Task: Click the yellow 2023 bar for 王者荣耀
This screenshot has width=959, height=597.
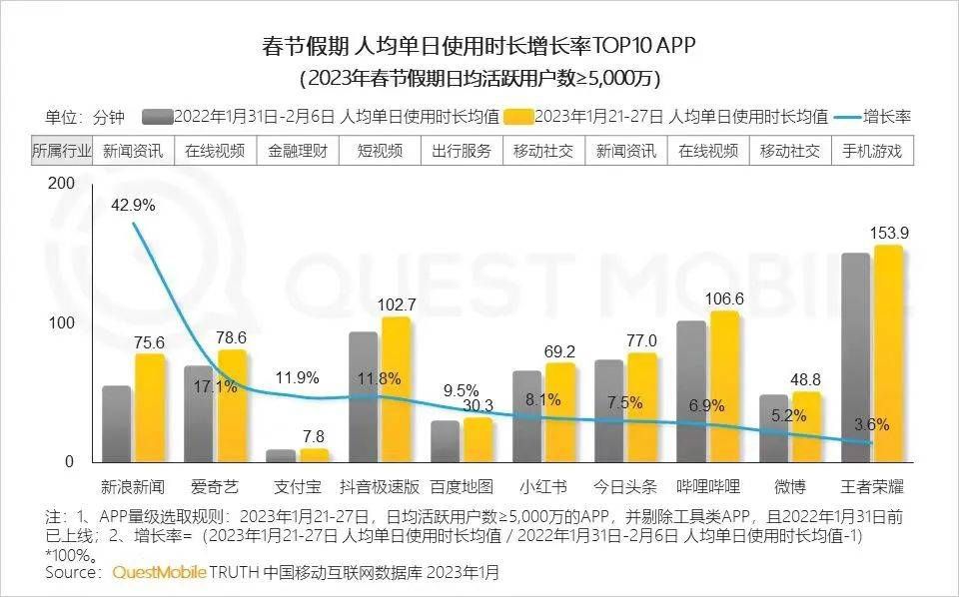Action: [888, 354]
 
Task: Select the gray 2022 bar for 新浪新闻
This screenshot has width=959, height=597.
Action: [117, 423]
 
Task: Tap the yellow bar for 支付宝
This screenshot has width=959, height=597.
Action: [315, 455]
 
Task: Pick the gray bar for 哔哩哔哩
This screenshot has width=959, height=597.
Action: [691, 391]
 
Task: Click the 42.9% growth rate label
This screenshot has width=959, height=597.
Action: [132, 205]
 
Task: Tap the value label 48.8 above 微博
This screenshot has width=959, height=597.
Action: [805, 379]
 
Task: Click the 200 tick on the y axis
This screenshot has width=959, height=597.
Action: [61, 184]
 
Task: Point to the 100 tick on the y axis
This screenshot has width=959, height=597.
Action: [61, 323]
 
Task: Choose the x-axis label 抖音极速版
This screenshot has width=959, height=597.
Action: [381, 487]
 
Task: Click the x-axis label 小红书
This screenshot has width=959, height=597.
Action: [543, 487]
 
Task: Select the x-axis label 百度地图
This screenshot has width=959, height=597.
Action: [462, 487]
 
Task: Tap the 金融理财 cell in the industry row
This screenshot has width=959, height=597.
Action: [297, 151]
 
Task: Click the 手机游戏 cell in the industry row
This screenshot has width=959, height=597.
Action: [871, 151]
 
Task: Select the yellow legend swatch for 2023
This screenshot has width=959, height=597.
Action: [519, 116]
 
